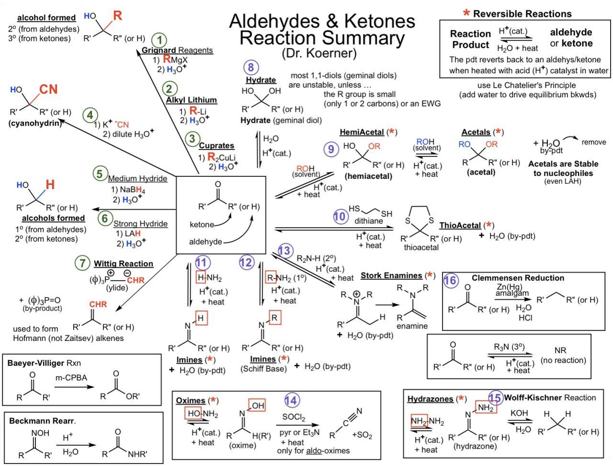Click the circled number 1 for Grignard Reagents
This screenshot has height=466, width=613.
click(x=159, y=40)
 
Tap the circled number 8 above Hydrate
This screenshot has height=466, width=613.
click(x=251, y=68)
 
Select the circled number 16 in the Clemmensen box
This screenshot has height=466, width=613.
click(x=451, y=280)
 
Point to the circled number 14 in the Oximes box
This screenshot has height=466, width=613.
click(x=292, y=400)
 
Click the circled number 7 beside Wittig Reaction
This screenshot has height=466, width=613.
click(x=82, y=263)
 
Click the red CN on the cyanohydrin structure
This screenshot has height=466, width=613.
click(x=48, y=89)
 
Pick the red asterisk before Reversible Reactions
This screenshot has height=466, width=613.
click(x=466, y=13)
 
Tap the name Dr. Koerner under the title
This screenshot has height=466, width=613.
click(x=319, y=53)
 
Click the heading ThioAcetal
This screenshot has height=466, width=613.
click(x=460, y=225)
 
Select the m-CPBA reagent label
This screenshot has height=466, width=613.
click(x=71, y=378)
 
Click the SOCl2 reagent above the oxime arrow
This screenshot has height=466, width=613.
click(x=294, y=418)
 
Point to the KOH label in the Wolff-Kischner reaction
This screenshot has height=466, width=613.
click(x=519, y=413)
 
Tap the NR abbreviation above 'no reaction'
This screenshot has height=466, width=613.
click(x=560, y=350)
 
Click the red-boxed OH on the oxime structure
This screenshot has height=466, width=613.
click(x=257, y=406)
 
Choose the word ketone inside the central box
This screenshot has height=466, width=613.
click(x=202, y=224)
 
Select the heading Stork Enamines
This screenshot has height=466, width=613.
click(x=391, y=276)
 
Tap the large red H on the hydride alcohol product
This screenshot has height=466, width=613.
click(x=50, y=185)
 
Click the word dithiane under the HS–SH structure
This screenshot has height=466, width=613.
click(x=368, y=221)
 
